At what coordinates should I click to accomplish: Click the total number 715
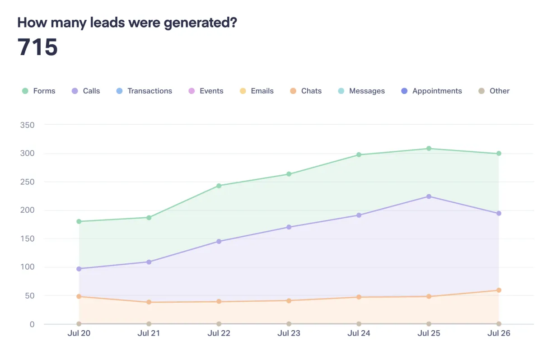[x=38, y=47]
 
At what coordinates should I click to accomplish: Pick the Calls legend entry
[x=86, y=91]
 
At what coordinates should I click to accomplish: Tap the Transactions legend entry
[x=144, y=91]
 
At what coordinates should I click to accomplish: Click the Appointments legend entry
[x=431, y=91]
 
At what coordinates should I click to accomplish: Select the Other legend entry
[x=494, y=91]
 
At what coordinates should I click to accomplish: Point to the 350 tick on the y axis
[x=28, y=125]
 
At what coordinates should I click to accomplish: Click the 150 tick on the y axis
[x=28, y=238]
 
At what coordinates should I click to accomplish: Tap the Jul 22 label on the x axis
[x=219, y=334]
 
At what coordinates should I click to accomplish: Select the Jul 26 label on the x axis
[x=499, y=334]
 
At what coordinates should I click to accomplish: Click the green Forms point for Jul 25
[x=429, y=149]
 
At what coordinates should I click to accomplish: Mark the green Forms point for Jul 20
[x=79, y=221]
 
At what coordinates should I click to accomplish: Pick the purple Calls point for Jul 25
[x=429, y=196]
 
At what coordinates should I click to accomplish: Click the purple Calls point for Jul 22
[x=219, y=242]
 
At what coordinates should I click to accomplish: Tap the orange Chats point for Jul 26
[x=499, y=290]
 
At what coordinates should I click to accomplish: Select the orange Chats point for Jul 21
[x=149, y=302]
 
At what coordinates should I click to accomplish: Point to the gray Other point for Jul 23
[x=289, y=324]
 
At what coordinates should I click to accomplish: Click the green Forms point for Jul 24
[x=359, y=155]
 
